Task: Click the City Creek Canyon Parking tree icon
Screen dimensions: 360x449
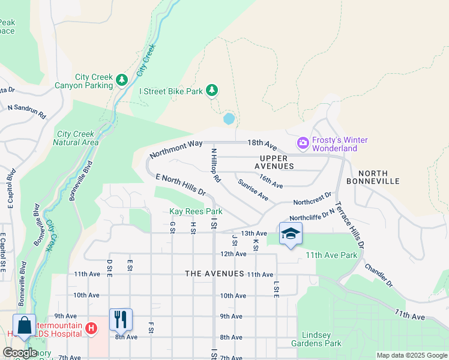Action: tap(122, 79)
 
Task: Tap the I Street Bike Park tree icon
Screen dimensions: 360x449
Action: tap(211, 91)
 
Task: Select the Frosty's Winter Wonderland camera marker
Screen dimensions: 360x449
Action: tap(303, 143)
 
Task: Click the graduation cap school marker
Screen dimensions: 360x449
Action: tap(291, 233)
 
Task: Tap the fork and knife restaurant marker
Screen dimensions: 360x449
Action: tap(121, 319)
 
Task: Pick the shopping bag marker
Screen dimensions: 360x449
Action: tap(24, 326)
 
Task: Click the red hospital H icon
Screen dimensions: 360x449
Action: tap(91, 328)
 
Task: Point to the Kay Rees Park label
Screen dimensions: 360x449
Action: tap(196, 212)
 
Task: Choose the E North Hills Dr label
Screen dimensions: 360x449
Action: tap(181, 185)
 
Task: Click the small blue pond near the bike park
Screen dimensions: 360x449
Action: tap(229, 119)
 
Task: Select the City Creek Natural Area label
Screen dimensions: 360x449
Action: tap(76, 138)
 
